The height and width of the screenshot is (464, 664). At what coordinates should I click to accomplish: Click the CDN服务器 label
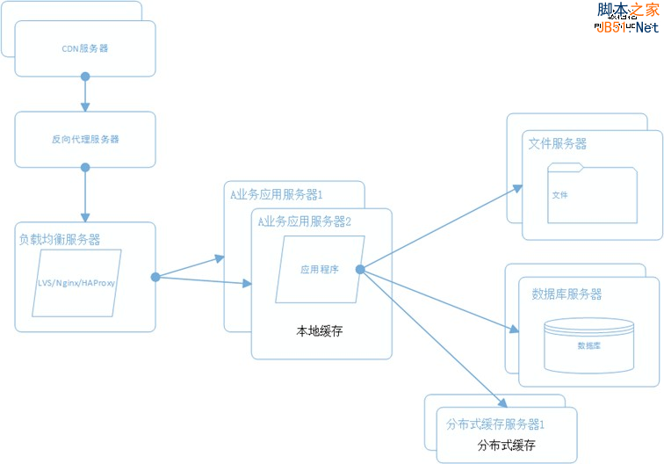pyautogui.click(x=85, y=48)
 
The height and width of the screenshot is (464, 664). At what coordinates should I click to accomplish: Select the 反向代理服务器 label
pyautogui.click(x=85, y=139)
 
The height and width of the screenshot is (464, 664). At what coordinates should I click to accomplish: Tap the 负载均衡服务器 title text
pyautogui.click(x=60, y=239)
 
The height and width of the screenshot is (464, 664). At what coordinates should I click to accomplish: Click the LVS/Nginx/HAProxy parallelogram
pyautogui.click(x=76, y=283)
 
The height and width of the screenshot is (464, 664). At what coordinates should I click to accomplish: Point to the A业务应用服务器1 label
pyautogui.click(x=277, y=194)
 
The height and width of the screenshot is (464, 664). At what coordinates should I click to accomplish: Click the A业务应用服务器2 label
pyautogui.click(x=304, y=221)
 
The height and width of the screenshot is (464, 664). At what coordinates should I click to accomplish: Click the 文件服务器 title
pyautogui.click(x=558, y=143)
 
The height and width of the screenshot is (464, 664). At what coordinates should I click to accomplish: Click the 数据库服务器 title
pyautogui.click(x=567, y=294)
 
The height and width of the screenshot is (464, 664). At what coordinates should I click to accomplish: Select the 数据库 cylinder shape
pyautogui.click(x=588, y=344)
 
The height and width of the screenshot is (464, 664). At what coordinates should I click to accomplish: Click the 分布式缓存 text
pyautogui.click(x=506, y=445)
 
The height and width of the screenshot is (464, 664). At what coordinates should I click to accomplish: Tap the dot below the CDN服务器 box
pyautogui.click(x=85, y=76)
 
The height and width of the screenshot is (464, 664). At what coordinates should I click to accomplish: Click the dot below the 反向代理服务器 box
pyautogui.click(x=85, y=167)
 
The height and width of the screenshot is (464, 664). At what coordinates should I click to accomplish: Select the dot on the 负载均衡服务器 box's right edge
pyautogui.click(x=155, y=277)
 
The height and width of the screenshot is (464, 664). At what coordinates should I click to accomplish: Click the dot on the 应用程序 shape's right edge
pyautogui.click(x=361, y=270)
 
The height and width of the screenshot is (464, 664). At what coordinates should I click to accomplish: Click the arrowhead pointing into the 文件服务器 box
pyautogui.click(x=516, y=187)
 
